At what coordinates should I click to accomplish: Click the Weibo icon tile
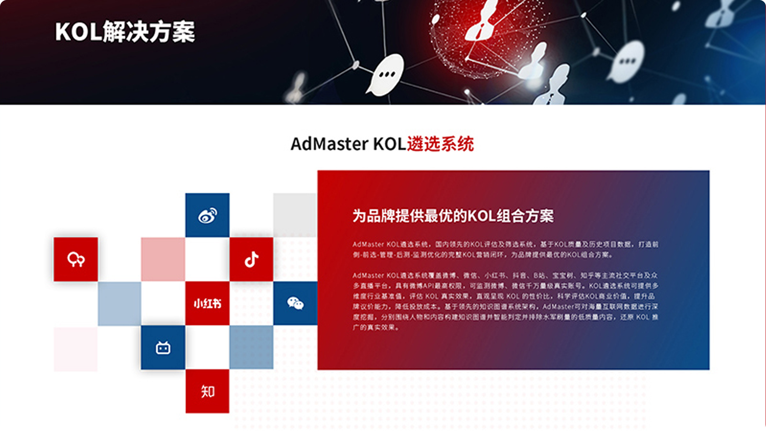click(x=207, y=215)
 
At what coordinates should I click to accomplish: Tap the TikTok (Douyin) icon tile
click(x=251, y=259)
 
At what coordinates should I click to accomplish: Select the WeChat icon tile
click(x=295, y=303)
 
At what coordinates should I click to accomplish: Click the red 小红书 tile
click(x=207, y=303)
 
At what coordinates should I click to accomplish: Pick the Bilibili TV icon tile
click(x=163, y=347)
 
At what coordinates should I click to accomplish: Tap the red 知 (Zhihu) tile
click(x=207, y=391)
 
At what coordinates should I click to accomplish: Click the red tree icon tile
click(x=76, y=259)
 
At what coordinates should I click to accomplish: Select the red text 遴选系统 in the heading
click(x=440, y=144)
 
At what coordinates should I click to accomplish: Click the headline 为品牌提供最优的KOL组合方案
click(x=453, y=216)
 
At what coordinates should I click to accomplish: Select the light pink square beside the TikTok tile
click(x=163, y=259)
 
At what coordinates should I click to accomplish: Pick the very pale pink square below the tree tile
click(x=76, y=349)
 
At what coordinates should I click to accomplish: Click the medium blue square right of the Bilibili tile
click(x=251, y=347)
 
